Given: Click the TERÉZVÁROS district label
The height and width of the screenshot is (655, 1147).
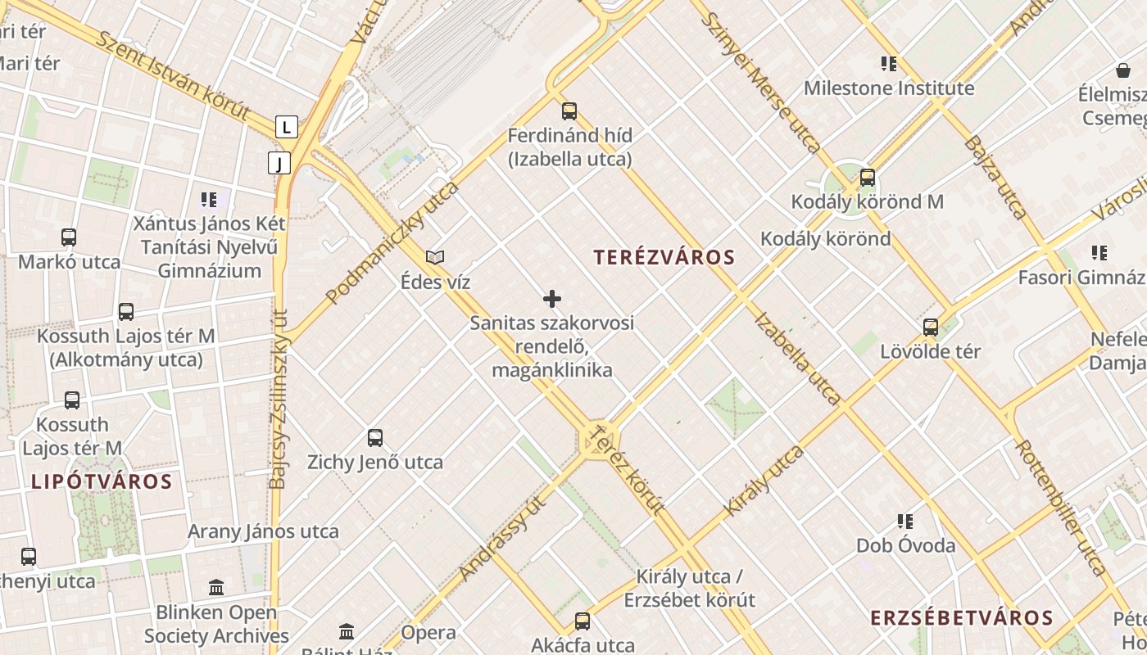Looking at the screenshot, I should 664,257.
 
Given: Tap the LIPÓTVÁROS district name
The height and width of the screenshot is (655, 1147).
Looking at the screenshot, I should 102,481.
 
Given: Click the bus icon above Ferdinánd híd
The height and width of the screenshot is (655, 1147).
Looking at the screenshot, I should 569,111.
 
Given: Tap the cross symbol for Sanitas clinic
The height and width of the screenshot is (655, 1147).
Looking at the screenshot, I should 552,299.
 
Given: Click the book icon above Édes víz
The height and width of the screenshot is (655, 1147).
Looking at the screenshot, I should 435,258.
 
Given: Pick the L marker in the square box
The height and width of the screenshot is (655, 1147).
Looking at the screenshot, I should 286,128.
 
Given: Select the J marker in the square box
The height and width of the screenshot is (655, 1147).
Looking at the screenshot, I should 279,164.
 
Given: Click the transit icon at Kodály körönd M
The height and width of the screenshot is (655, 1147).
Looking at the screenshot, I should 867,178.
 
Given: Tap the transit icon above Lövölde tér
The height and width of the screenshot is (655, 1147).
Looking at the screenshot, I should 931,327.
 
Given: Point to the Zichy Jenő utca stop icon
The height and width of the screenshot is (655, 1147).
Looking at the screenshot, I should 375,438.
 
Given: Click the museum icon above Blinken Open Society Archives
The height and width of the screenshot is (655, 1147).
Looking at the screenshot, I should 216,588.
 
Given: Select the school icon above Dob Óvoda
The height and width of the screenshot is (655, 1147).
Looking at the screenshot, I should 905,522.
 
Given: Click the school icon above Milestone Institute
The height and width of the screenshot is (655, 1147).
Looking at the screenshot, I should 889,64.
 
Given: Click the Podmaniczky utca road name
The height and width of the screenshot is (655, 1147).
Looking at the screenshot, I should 393,242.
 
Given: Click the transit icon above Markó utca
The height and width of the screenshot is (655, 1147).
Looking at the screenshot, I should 69,238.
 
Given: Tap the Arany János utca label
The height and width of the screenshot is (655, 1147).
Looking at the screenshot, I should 263,531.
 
